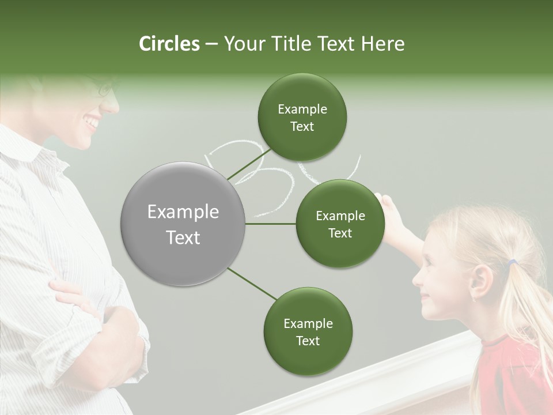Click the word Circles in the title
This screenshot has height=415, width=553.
pyautogui.click(x=169, y=44)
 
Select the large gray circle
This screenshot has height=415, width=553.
pyautogui.click(x=183, y=224)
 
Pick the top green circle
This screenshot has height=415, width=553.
pyautogui.click(x=302, y=117)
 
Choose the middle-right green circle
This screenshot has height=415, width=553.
pyautogui.click(x=340, y=224)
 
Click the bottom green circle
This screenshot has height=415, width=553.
pyautogui.click(x=308, y=331)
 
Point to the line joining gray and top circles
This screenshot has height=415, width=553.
pyautogui.click(x=249, y=164)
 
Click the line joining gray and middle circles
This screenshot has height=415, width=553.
pyautogui.click(x=271, y=224)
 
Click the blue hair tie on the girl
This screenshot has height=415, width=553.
pyautogui.click(x=512, y=263)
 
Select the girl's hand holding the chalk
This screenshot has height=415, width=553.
pyautogui.click(x=388, y=204)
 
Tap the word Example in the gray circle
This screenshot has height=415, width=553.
pyautogui.click(x=183, y=212)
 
